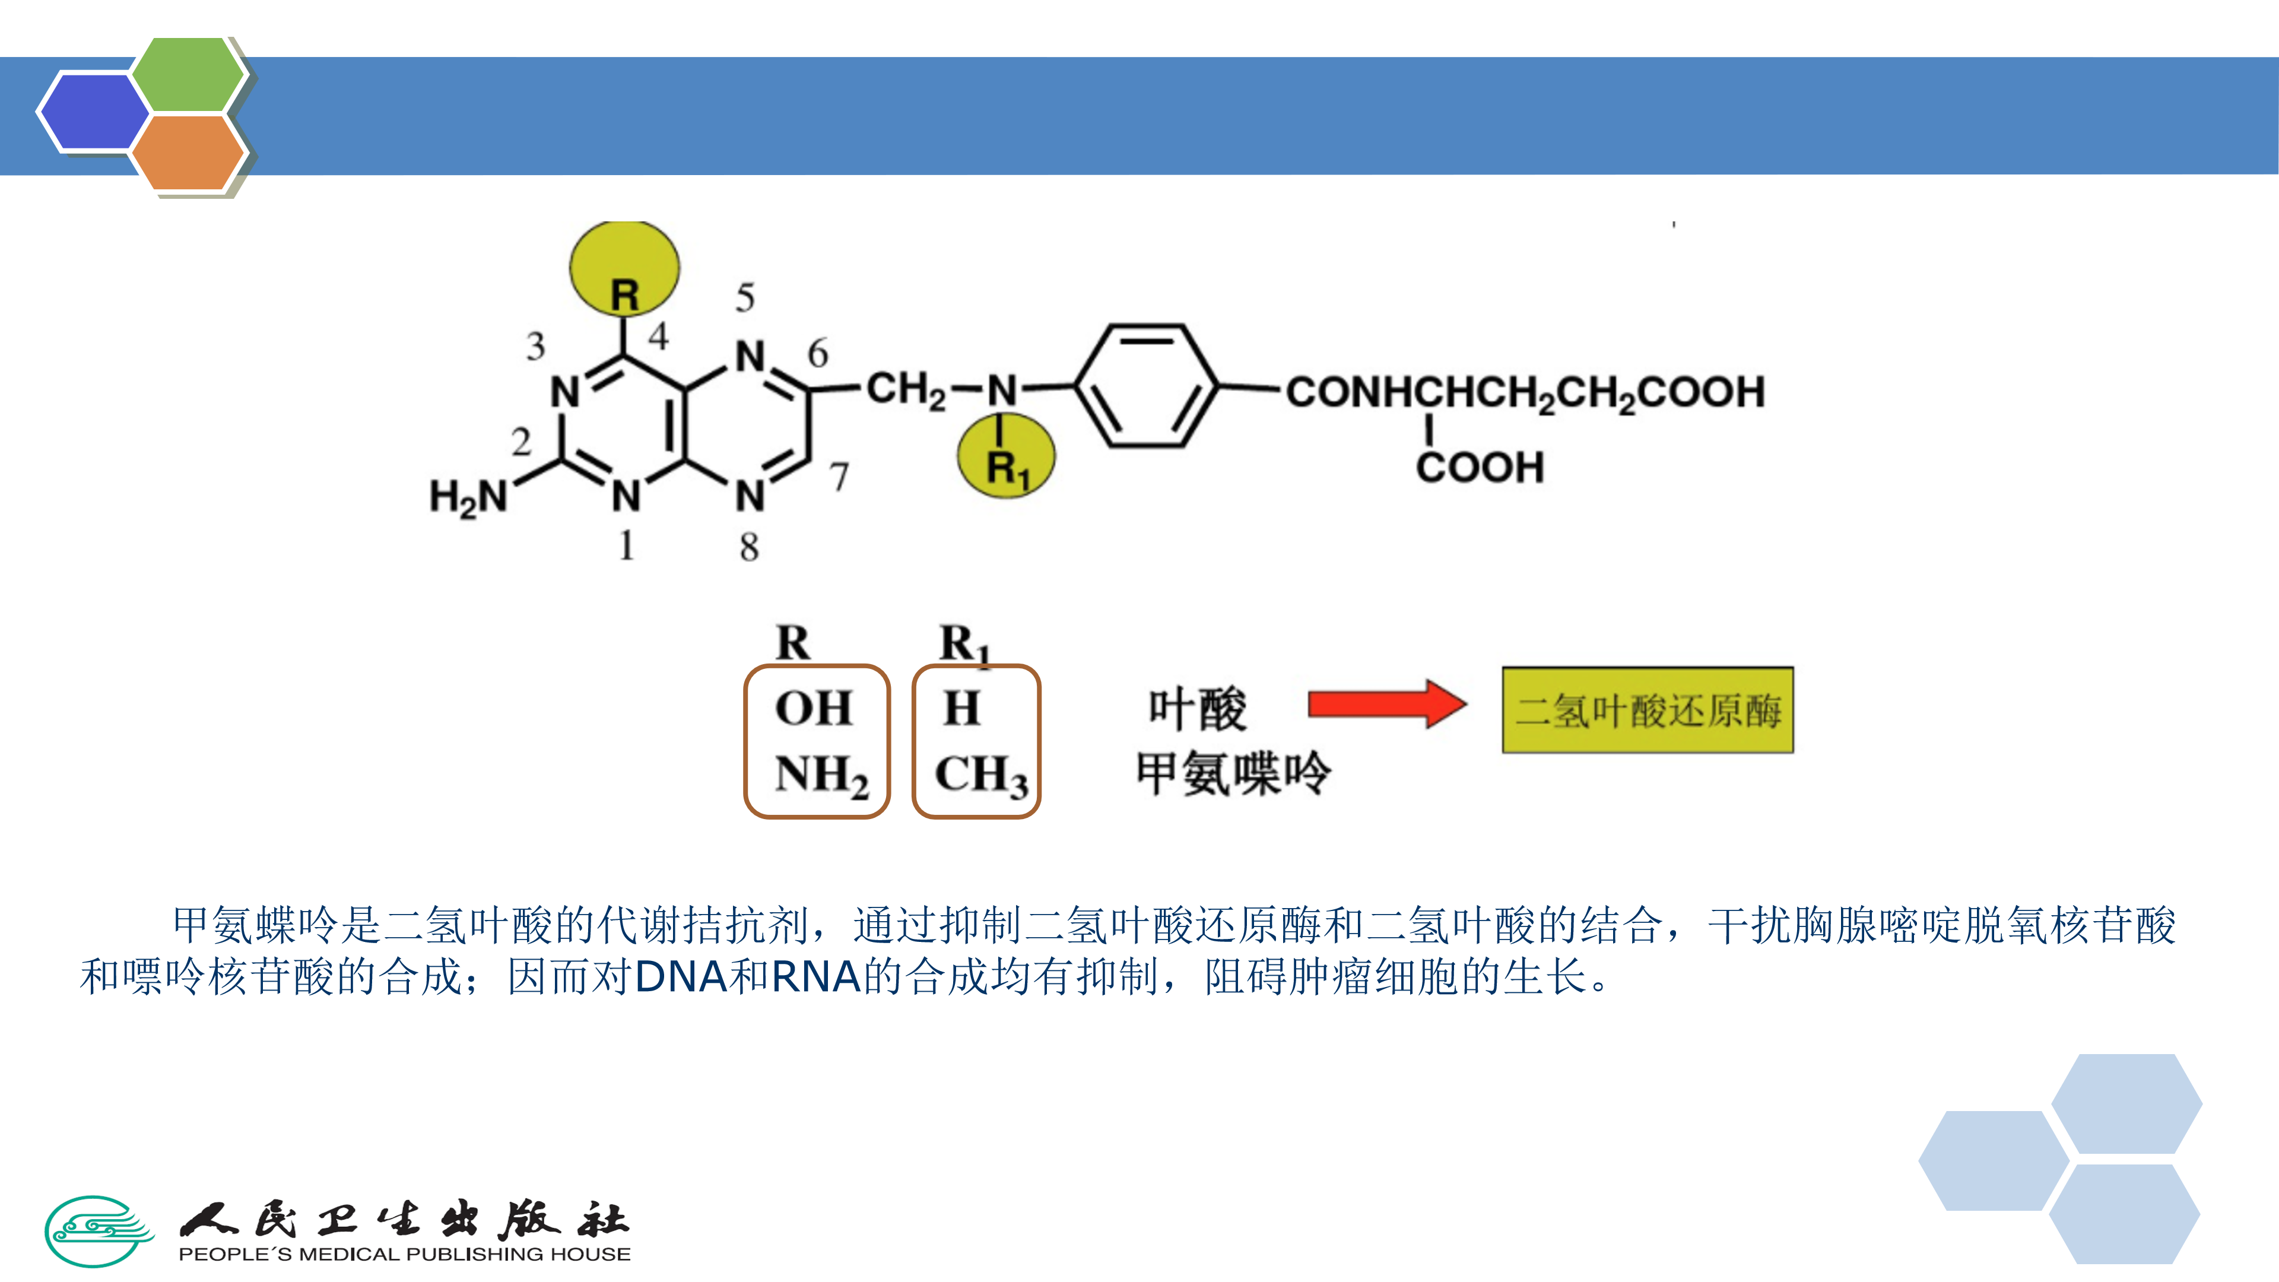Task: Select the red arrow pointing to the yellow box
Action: point(1386,705)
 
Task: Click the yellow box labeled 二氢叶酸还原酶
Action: point(1648,710)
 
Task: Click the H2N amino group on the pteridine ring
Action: point(467,496)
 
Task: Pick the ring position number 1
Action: point(626,545)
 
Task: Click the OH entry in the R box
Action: point(814,708)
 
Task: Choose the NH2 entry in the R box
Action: point(821,775)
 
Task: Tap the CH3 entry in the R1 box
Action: point(981,775)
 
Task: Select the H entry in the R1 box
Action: point(961,708)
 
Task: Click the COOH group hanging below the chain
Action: point(1479,467)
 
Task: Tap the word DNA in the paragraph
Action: point(680,978)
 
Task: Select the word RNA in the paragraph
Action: point(815,978)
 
